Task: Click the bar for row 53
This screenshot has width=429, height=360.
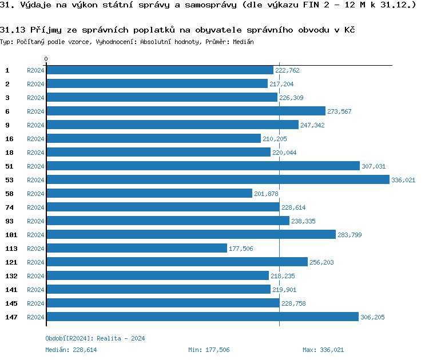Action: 217,179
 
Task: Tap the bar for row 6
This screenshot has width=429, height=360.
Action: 185,111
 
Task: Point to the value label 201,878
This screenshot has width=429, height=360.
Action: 266,194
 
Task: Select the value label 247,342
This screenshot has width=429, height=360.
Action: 312,125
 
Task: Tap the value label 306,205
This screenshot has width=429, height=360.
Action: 372,317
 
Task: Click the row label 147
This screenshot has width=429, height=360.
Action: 11,317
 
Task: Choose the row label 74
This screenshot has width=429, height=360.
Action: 9,207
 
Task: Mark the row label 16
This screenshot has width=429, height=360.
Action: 9,138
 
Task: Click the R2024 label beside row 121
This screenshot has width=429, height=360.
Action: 35,262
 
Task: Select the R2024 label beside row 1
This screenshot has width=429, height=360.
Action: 35,70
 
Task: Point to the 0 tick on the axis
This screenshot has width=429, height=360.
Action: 46,59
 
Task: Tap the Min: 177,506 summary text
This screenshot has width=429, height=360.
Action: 209,350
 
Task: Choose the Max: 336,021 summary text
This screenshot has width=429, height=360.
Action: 323,350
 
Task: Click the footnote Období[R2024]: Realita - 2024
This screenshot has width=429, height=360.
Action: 95,338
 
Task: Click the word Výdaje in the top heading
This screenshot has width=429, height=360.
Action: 35,6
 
